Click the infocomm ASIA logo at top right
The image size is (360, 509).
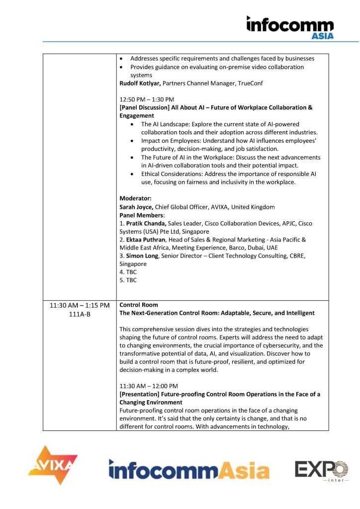pyautogui.click(x=290, y=27)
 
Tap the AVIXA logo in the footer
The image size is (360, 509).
pyautogui.click(x=53, y=465)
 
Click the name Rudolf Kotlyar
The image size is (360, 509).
pyautogui.click(x=140, y=83)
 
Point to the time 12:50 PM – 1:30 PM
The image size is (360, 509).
pyautogui.click(x=147, y=99)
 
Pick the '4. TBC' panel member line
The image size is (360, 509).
pyautogui.click(x=128, y=272)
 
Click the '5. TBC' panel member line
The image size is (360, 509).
pyautogui.click(x=128, y=280)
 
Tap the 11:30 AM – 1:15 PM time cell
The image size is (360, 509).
pyautogui.click(x=80, y=305)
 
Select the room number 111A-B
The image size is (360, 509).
pyautogui.click(x=80, y=313)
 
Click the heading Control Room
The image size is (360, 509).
pyautogui.click(x=139, y=305)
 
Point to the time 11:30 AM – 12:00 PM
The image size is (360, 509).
pyautogui.click(x=149, y=386)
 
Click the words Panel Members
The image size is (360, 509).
pyautogui.click(x=141, y=215)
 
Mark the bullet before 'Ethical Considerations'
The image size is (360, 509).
pyautogui.click(x=131, y=174)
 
